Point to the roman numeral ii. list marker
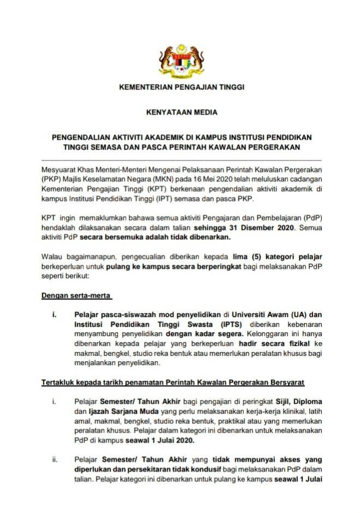pyautogui.click(x=55, y=460)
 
